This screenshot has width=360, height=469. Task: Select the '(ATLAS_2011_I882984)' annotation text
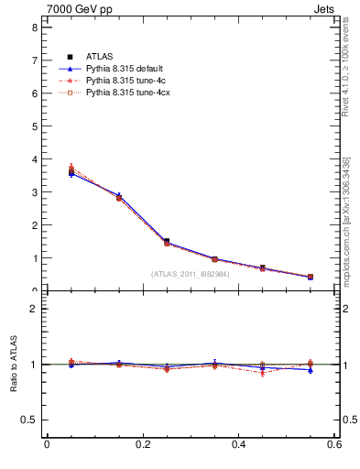point(190,273)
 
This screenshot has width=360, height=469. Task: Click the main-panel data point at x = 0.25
point(166,242)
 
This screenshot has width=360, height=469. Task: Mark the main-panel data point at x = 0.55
point(310,277)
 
